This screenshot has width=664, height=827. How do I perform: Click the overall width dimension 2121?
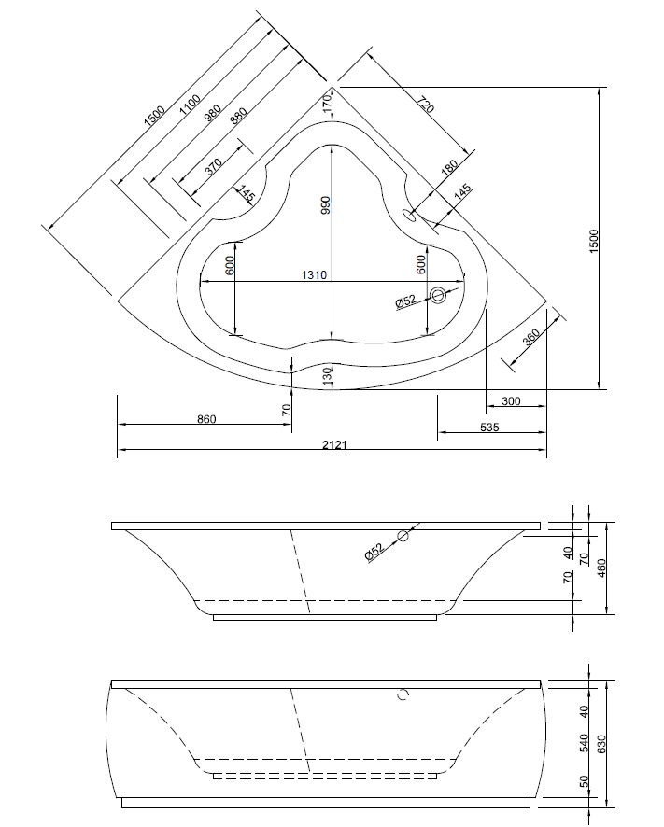[333, 445]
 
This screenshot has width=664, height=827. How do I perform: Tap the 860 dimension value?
[206, 419]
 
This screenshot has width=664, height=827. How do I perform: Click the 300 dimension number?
[511, 401]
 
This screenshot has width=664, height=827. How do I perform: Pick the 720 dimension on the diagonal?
[425, 105]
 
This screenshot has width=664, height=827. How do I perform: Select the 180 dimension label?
[448, 167]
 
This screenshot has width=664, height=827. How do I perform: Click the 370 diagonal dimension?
[213, 166]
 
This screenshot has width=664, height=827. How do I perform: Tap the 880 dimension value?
[237, 117]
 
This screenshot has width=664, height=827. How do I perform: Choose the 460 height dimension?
[602, 567]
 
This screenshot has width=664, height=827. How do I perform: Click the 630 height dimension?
[602, 742]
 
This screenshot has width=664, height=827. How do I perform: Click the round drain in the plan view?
[439, 296]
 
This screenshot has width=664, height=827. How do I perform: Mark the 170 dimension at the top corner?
[327, 102]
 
